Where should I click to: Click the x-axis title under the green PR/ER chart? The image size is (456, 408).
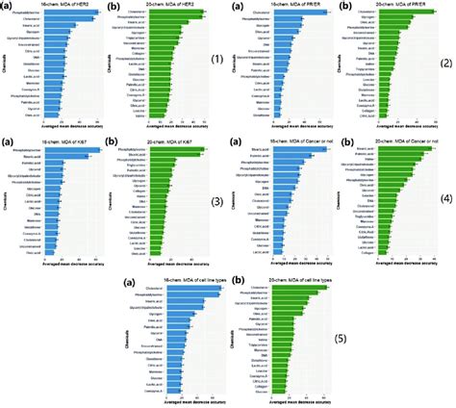click(x=395, y=130)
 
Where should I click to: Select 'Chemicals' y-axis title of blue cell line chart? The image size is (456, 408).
click(x=126, y=343)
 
